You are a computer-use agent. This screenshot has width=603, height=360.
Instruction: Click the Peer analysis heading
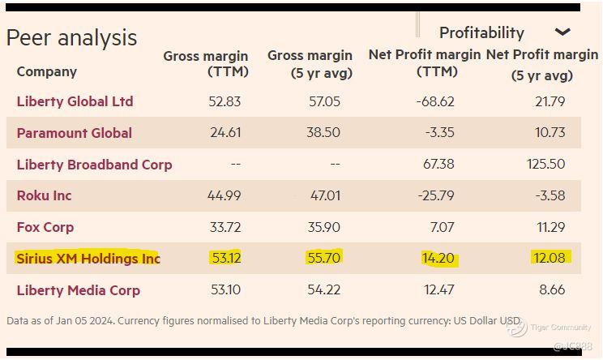click(x=71, y=38)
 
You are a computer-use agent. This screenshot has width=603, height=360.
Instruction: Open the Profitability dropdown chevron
click(x=562, y=32)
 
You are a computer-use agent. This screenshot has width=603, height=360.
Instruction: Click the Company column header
click(x=46, y=71)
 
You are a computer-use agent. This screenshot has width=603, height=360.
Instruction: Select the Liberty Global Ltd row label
click(x=75, y=101)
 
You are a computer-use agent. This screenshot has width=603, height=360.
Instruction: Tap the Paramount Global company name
click(x=74, y=133)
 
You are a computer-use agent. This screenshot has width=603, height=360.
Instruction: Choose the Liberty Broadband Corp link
click(x=94, y=165)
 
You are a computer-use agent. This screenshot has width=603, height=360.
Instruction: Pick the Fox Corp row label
click(x=45, y=227)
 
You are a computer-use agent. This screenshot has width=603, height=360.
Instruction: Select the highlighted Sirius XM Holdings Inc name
click(x=88, y=259)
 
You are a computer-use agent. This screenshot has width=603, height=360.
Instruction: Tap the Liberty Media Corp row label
click(x=78, y=290)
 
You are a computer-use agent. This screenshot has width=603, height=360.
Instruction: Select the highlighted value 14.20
click(x=438, y=259)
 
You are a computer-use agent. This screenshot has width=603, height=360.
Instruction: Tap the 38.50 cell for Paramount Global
click(x=323, y=133)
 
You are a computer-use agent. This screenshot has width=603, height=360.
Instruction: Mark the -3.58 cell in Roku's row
click(x=550, y=196)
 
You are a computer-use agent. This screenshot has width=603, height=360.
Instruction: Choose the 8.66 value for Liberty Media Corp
click(x=551, y=290)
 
